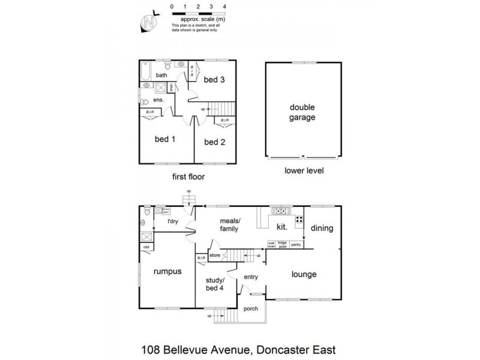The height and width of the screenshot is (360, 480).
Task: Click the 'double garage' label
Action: pos(303,112)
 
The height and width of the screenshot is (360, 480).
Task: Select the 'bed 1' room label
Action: pos(164,140)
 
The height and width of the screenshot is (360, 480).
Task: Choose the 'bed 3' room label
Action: pos(214,80)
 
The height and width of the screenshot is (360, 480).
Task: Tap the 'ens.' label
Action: pos(159,100)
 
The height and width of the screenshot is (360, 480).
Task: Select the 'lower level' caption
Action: pos(304,171)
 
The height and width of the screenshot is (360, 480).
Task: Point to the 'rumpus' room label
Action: pos(167,271)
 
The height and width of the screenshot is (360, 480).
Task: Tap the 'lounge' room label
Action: pos(304,275)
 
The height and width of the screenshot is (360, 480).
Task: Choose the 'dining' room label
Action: pos(322,229)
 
